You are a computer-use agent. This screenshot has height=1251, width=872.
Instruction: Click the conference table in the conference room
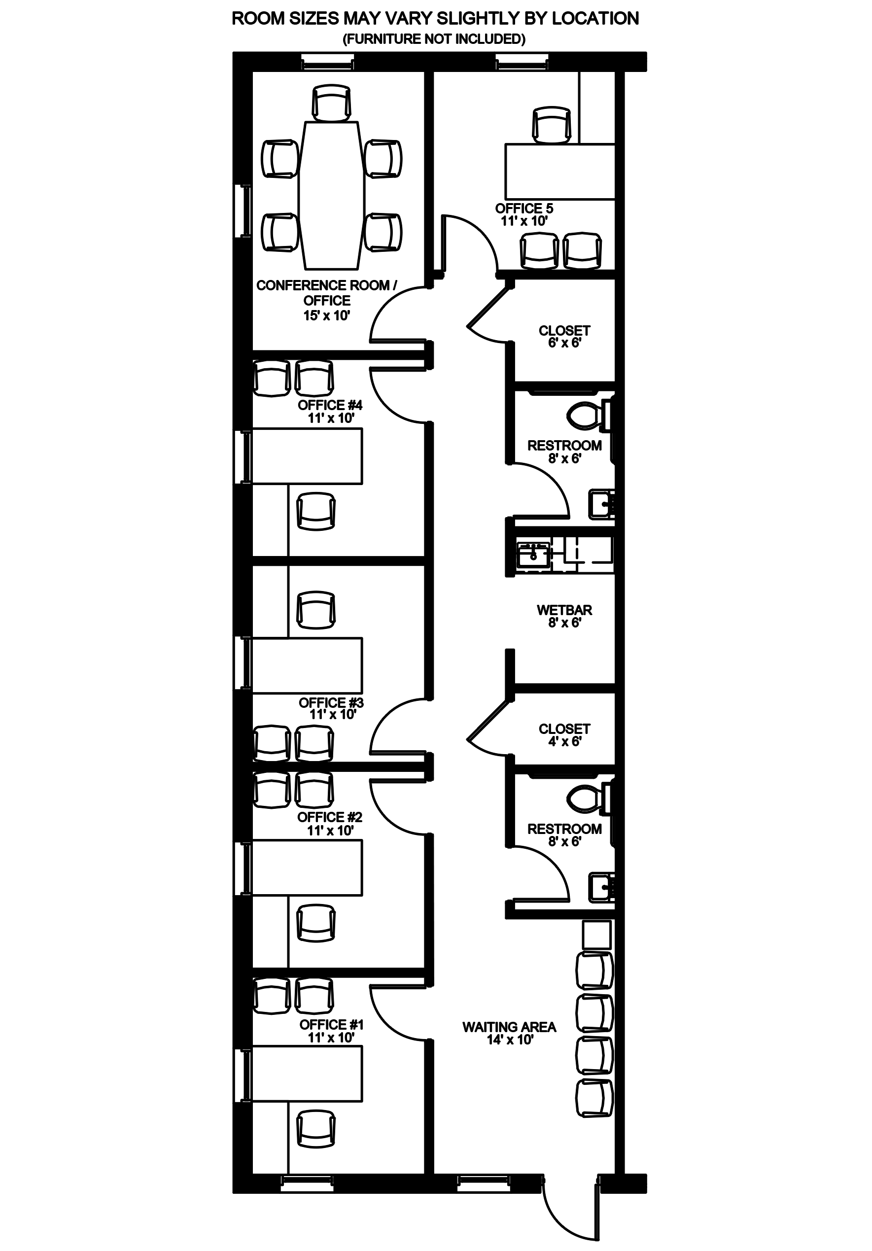pos(331,195)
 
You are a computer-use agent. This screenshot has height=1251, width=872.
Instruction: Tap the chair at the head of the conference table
pos(331,103)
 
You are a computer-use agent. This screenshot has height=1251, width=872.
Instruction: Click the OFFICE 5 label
pos(524,208)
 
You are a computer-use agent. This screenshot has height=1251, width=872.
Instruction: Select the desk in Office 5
pos(559,171)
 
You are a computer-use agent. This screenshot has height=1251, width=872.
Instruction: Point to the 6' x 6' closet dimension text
pos(564,343)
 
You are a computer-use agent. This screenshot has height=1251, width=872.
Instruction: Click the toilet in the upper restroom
pos(589,416)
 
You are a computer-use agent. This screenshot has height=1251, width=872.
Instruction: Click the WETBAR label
pos(564,610)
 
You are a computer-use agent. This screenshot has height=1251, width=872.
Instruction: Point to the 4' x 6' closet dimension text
pos(564,741)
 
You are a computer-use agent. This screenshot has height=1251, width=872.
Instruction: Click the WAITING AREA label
pos(509,1027)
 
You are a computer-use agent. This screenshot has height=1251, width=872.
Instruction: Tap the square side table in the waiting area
pos(597,935)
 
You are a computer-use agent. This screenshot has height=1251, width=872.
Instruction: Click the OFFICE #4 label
pos(330,405)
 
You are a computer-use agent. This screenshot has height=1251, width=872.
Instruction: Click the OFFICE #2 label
pos(329,817)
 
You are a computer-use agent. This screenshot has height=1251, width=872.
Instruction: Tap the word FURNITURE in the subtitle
pos(384,39)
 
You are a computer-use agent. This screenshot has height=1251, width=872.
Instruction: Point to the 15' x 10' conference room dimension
pos(326,315)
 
